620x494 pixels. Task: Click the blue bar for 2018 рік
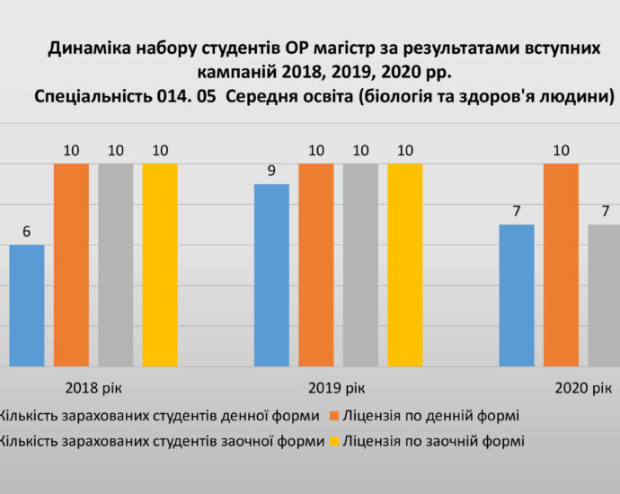[x=27, y=305]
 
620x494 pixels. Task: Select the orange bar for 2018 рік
[x=71, y=265]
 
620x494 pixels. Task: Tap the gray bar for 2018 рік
[x=116, y=265]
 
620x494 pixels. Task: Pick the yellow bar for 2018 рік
[x=160, y=265]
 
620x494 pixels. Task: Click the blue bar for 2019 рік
[x=271, y=275]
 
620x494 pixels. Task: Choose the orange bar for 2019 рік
[x=315, y=265]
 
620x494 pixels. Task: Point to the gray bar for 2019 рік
[x=360, y=265]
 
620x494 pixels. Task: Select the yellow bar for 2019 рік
[x=404, y=265]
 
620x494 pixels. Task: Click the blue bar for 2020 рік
[x=517, y=296]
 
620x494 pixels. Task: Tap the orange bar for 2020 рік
[x=561, y=265]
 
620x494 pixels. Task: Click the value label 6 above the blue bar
[x=27, y=232]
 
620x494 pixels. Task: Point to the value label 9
[x=271, y=171]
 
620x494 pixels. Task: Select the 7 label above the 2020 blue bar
[x=517, y=211]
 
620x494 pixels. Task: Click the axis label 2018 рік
[x=93, y=388]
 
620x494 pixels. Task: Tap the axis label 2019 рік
[x=338, y=388]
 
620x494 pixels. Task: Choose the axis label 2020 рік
[x=583, y=388]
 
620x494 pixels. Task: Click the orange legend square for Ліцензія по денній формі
[x=333, y=416]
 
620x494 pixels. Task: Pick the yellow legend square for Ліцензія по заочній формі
[x=333, y=441]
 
